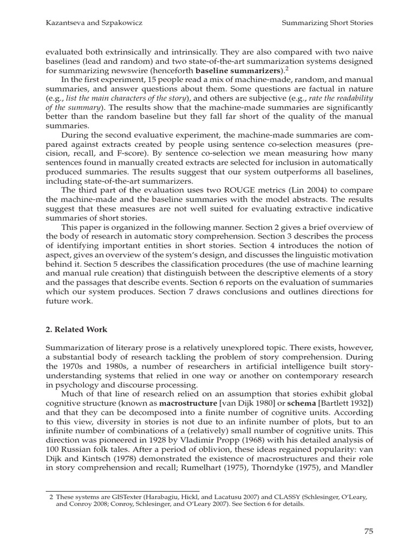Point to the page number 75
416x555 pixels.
tap(368, 531)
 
